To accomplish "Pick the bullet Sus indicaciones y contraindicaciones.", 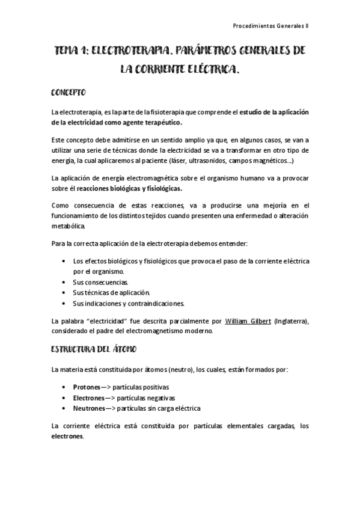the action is [x=128, y=303].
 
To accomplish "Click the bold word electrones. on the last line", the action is [x=68, y=437].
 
